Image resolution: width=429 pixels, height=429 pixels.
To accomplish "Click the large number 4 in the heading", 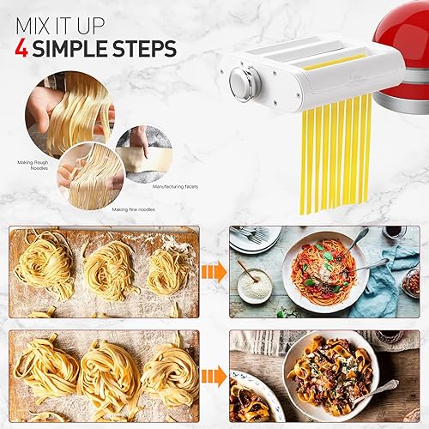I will pos(22,48).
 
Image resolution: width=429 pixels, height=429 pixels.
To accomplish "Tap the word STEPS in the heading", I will pos(145,48).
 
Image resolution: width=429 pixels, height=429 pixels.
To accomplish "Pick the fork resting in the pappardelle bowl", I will pos(378,390).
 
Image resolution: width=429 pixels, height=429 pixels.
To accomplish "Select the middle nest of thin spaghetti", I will pos(110,269).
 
